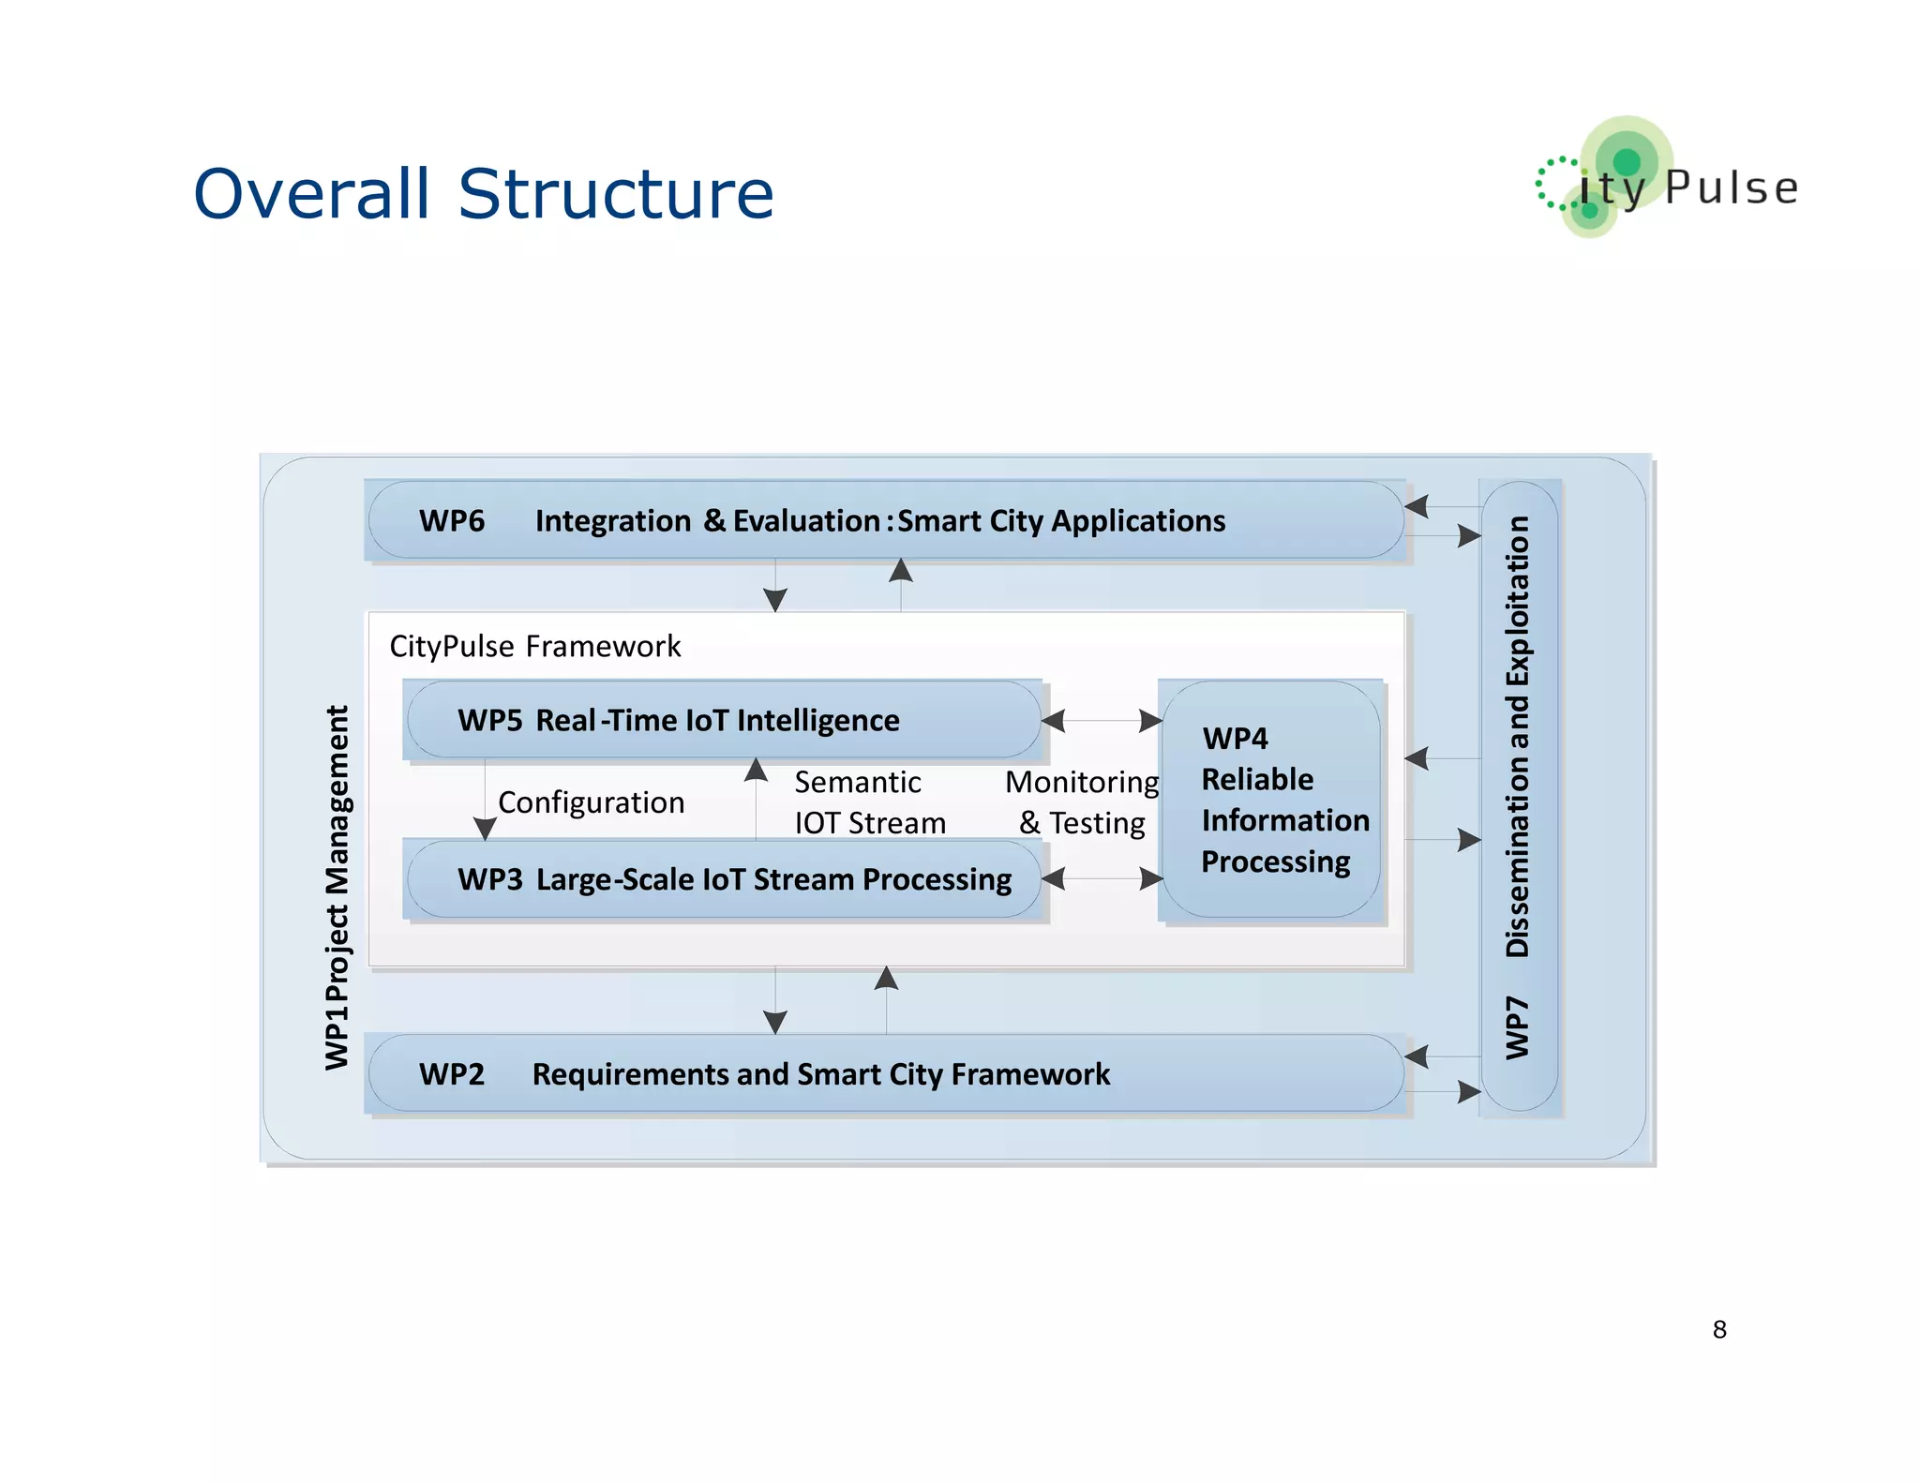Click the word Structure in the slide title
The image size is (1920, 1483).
click(615, 194)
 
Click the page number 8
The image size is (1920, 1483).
click(1718, 1328)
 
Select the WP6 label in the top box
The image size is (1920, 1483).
click(452, 521)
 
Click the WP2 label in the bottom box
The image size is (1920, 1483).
click(452, 1074)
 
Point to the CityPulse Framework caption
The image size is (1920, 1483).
click(534, 646)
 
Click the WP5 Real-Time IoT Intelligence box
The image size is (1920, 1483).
click(724, 720)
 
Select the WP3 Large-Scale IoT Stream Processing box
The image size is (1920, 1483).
click(724, 879)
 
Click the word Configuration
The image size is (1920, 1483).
click(591, 802)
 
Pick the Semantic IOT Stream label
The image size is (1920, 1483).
click(868, 802)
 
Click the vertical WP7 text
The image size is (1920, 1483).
click(1517, 1028)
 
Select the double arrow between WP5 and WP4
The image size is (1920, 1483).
click(1102, 720)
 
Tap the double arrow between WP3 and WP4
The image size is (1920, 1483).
click(1102, 879)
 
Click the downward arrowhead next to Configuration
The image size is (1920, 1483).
click(485, 828)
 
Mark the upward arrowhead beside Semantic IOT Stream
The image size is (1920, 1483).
click(756, 771)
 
